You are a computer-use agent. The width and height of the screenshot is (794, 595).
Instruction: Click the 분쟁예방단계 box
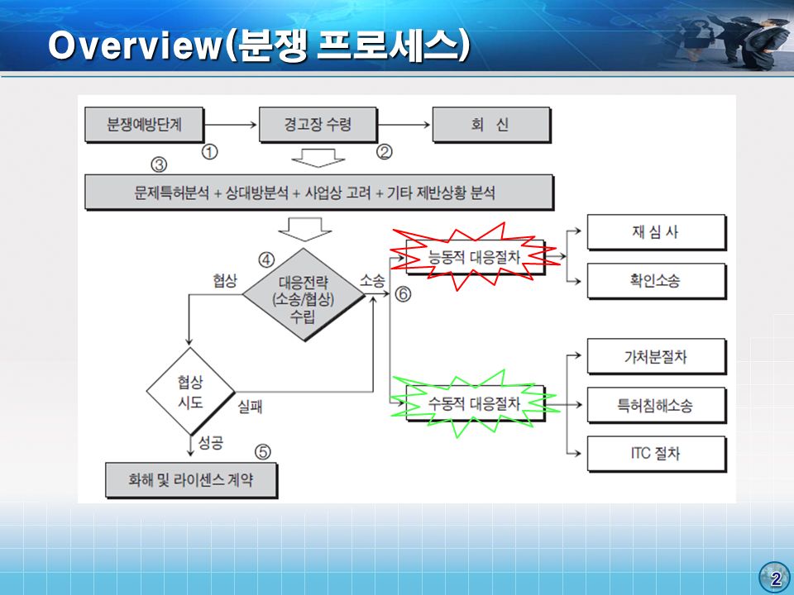click(144, 125)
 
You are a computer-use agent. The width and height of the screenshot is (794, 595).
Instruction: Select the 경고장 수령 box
click(318, 125)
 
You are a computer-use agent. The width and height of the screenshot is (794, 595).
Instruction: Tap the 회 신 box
click(491, 125)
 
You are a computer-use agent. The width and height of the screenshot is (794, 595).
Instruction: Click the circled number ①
click(209, 152)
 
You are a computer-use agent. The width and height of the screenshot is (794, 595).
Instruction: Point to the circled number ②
click(385, 152)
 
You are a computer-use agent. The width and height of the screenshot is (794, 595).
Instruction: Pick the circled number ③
click(159, 165)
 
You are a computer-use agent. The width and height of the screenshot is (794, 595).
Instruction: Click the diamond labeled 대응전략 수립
click(304, 294)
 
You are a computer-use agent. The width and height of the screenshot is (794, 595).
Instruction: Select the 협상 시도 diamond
click(191, 391)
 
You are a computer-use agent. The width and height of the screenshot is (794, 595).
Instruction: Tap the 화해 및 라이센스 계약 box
click(191, 479)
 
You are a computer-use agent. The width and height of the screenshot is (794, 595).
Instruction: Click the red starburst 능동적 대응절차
click(474, 257)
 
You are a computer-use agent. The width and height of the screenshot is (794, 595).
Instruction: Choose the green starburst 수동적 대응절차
click(474, 404)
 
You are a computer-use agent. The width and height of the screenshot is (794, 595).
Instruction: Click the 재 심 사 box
click(657, 232)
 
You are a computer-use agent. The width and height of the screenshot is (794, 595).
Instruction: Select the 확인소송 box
click(657, 281)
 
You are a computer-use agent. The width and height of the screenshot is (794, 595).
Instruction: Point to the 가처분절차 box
click(657, 357)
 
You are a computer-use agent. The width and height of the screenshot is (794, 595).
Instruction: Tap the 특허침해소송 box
click(657, 405)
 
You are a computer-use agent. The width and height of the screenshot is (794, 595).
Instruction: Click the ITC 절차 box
click(657, 454)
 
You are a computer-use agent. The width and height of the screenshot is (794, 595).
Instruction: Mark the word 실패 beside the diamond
click(250, 407)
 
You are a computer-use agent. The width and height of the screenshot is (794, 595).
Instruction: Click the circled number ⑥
click(403, 294)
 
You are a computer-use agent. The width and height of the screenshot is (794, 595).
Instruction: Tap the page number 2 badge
click(775, 578)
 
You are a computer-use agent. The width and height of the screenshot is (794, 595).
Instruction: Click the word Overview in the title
click(136, 45)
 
